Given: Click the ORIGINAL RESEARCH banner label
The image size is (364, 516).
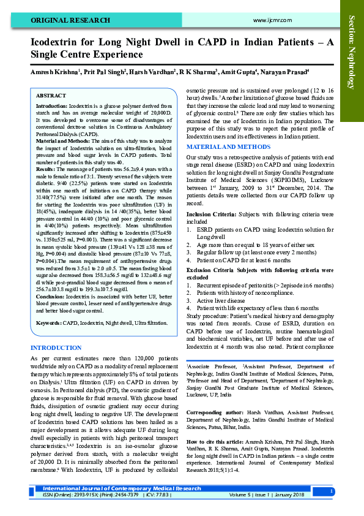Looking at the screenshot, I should click(x=70, y=20).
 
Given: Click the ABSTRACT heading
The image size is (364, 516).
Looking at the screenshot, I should click(x=51, y=96).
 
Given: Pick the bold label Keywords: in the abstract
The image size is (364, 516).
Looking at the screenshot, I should click(x=48, y=322).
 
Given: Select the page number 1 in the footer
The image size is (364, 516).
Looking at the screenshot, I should click(x=331, y=491).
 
